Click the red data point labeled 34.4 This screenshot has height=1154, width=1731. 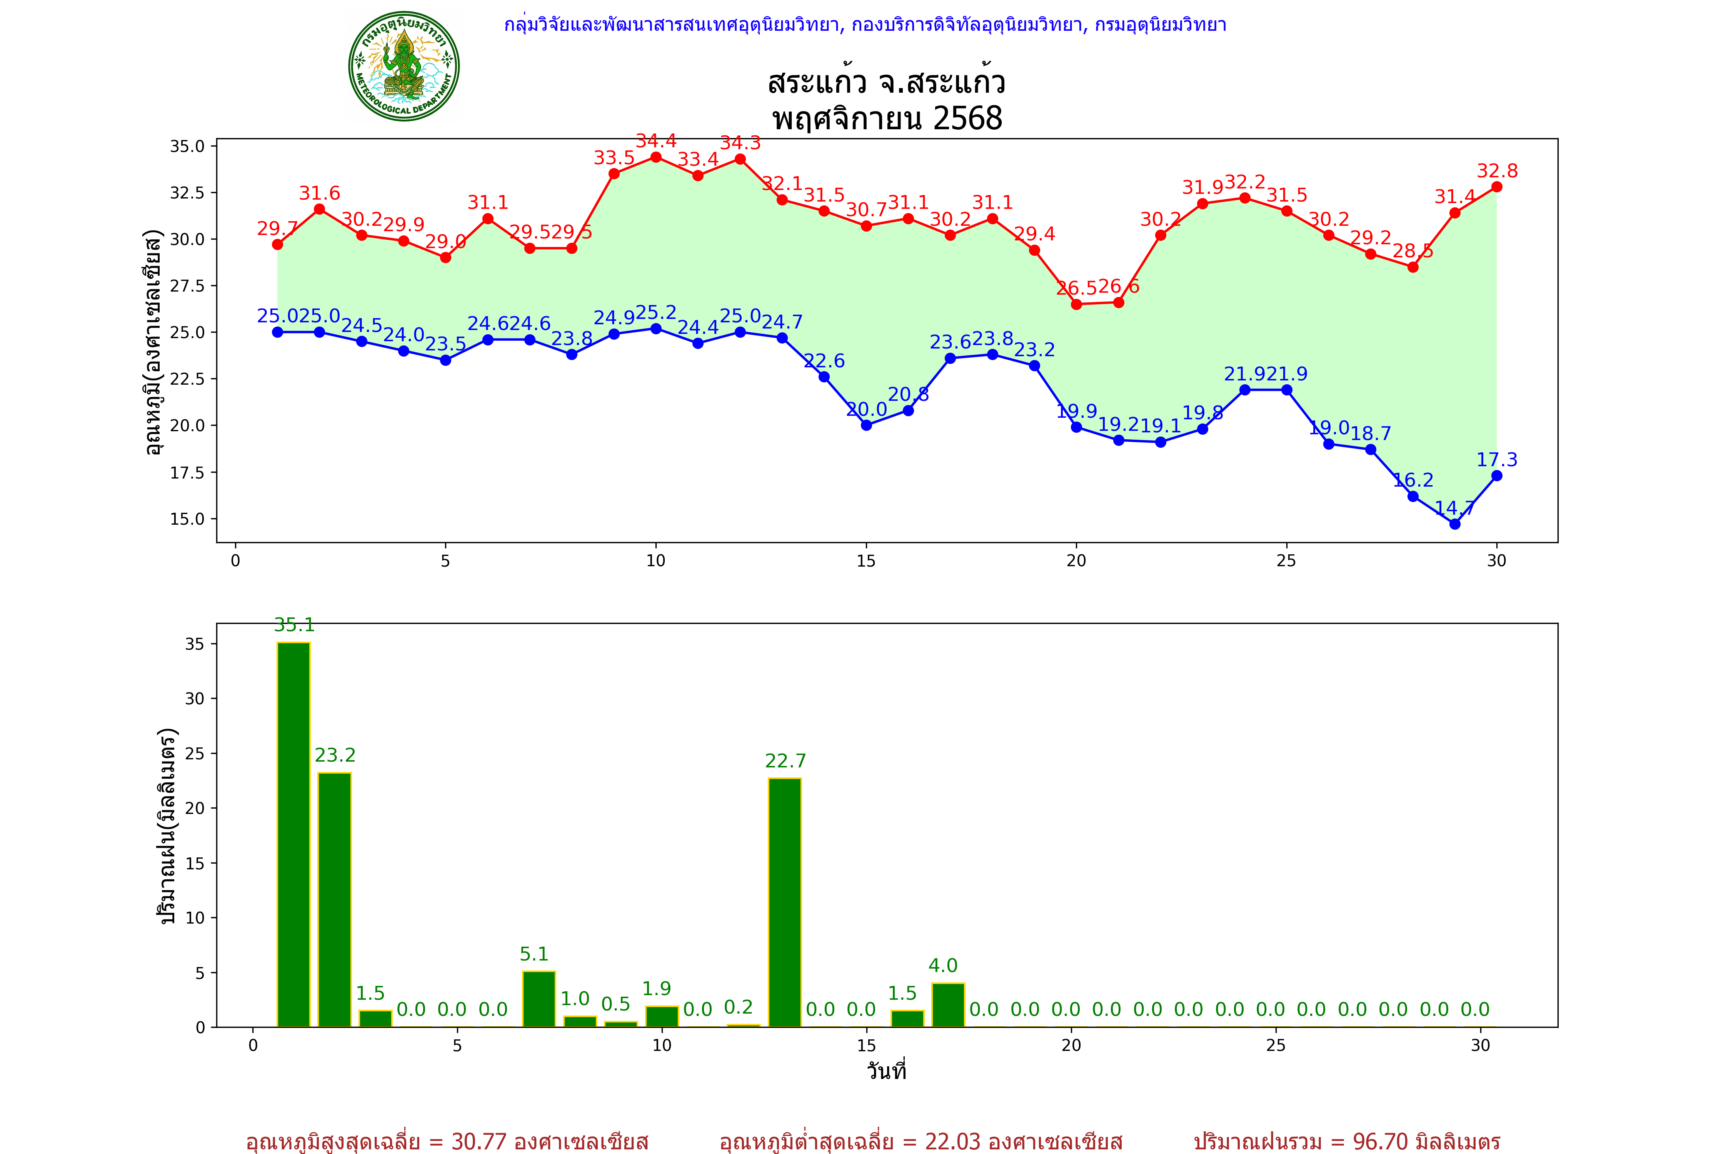pos(656,157)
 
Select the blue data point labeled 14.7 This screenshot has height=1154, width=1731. pos(1454,524)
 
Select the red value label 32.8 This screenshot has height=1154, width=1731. pos(1497,171)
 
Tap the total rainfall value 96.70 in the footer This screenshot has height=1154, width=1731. pos(1379,1141)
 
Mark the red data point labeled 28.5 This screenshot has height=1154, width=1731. pos(1412,267)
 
